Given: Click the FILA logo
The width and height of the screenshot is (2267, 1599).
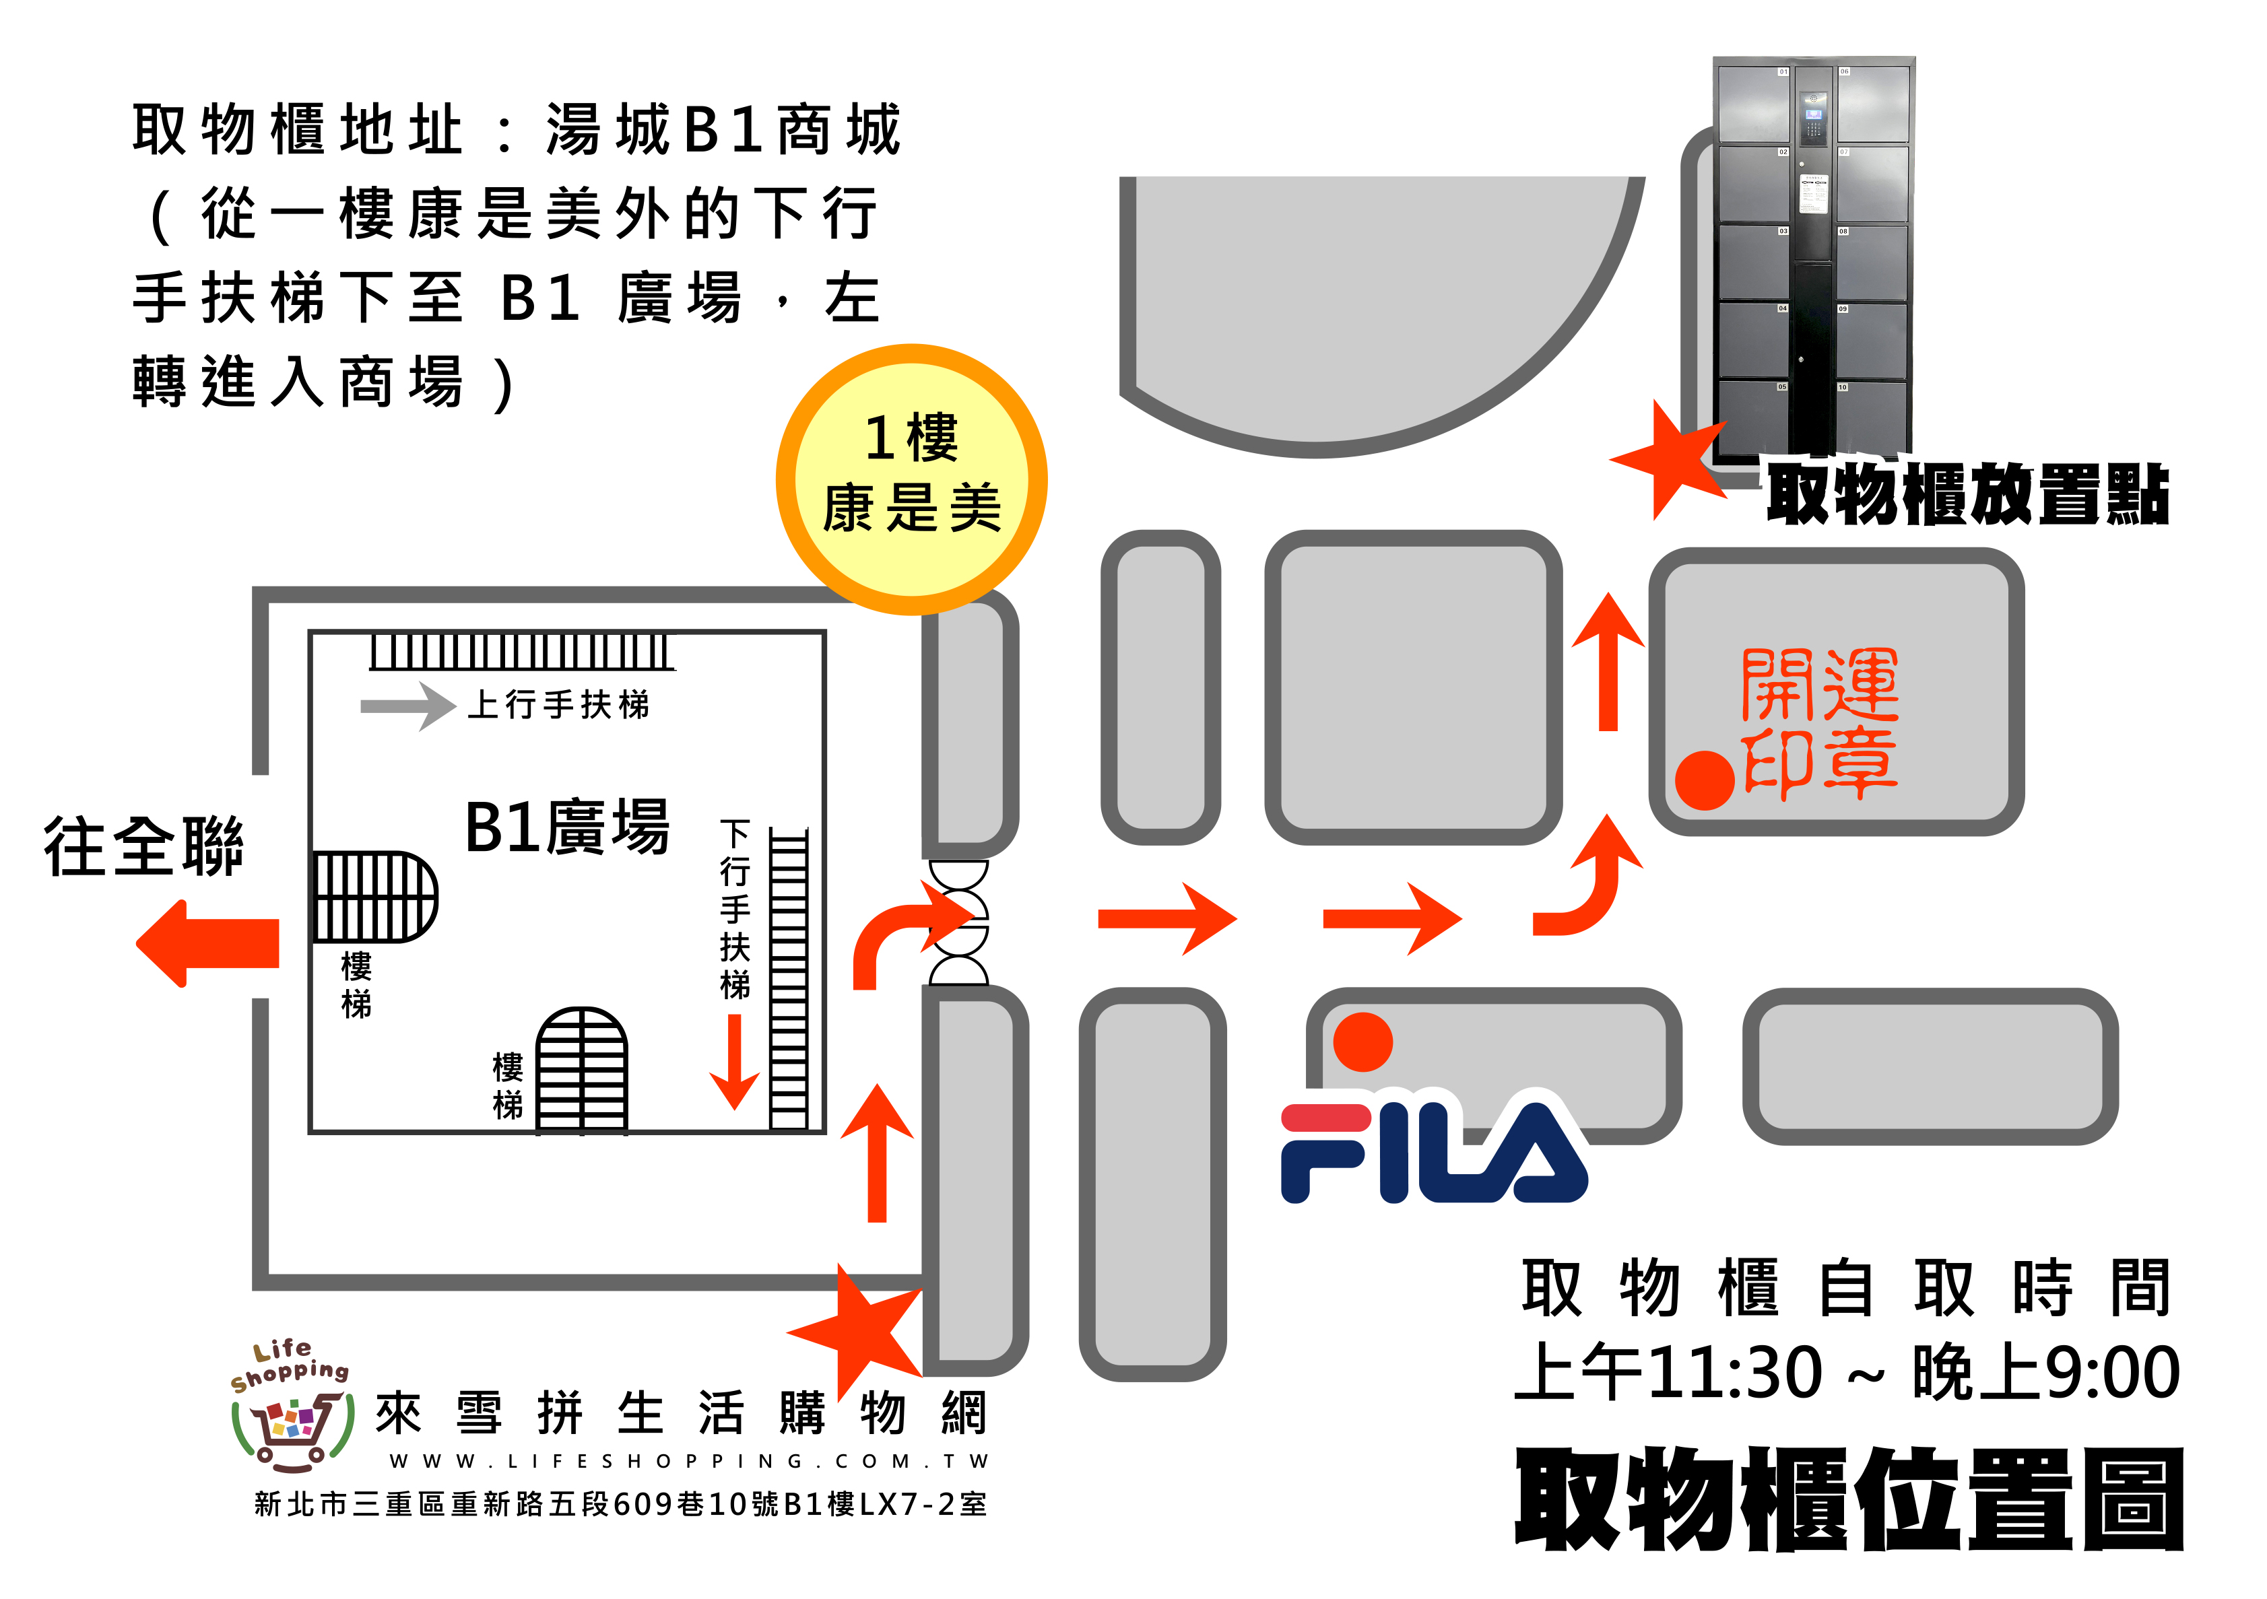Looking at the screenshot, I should (1432, 1152).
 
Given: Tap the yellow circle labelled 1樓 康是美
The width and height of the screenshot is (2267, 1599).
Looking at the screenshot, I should (911, 479).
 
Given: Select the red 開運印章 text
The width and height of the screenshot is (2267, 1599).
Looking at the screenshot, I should (1820, 724).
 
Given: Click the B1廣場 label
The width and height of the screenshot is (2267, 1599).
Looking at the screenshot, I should (567, 827).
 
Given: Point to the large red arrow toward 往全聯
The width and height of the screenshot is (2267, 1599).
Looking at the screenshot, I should (208, 943).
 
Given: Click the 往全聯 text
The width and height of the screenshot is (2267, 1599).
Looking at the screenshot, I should (144, 847).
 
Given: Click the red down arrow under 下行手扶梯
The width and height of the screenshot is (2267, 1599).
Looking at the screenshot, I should (735, 1062).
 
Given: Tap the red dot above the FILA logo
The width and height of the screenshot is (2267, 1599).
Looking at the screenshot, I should (1362, 1042).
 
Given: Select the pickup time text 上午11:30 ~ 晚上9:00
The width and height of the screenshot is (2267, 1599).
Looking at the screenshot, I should (1846, 1372).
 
